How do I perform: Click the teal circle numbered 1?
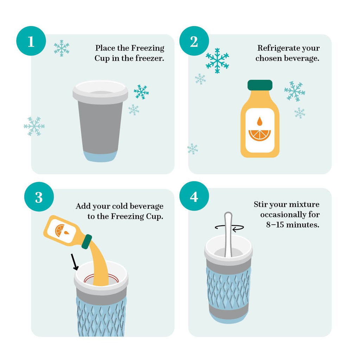tap(31, 41)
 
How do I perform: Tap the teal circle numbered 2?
tap(194, 41)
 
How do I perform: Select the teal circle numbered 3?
tap(39, 197)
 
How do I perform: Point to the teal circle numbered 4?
tap(194, 196)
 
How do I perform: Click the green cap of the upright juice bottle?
tap(260, 85)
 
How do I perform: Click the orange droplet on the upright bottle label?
tap(260, 121)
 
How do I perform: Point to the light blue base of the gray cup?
tap(100, 156)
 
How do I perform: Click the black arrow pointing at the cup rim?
tap(75, 262)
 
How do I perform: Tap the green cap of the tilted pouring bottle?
tap(87, 242)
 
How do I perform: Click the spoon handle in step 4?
tap(228, 234)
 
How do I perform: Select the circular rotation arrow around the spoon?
tap(229, 228)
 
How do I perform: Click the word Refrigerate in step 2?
tap(272, 48)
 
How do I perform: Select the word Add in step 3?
tap(82, 206)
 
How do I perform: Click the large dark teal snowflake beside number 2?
tap(217, 60)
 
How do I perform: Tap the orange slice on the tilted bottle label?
tap(60, 230)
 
